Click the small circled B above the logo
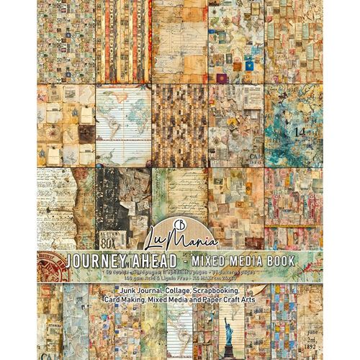point(180,210)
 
